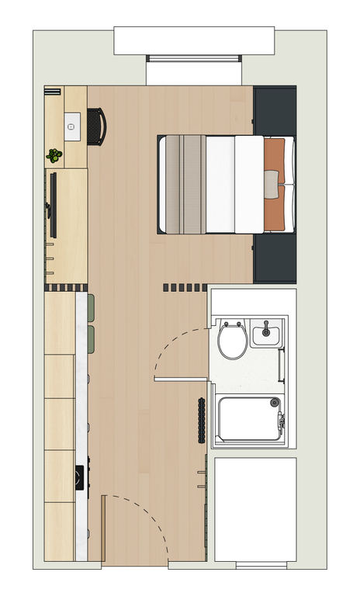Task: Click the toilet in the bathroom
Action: [232, 339]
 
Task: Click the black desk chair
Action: [96, 126]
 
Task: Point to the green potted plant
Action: [54, 155]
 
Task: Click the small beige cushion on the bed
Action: [270, 184]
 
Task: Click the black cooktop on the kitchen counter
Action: [80, 476]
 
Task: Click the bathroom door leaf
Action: [181, 379]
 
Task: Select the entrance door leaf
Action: [104, 528]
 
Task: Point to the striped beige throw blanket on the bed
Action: [182, 184]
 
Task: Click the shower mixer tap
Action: [282, 421]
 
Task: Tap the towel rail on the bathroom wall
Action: [281, 364]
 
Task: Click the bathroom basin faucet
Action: [265, 324]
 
